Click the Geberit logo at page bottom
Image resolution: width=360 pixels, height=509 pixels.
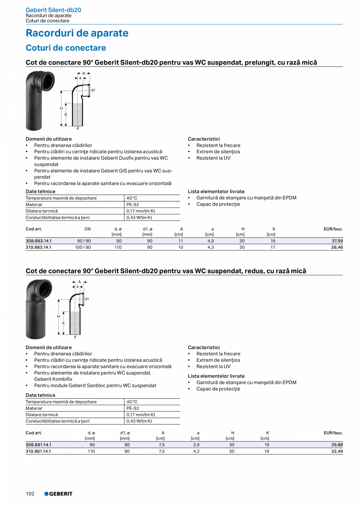coord(58,494)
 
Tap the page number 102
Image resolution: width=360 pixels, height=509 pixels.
coord(30,494)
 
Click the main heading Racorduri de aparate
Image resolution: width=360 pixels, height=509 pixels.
coord(77,33)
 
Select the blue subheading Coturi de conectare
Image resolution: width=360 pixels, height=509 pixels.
coord(66,48)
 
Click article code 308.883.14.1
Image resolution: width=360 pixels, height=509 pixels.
coord(39,241)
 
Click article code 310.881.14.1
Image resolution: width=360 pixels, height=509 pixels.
coord(39,451)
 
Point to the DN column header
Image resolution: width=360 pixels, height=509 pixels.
coord(88,229)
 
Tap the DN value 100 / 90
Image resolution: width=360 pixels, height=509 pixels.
coord(83,247)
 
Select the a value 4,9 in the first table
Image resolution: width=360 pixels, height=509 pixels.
coord(211,241)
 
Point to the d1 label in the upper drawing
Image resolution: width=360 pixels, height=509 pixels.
coord(93,90)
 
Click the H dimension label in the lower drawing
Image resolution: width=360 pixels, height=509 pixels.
coord(59,316)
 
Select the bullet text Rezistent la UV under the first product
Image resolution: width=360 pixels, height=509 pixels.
coord(213,158)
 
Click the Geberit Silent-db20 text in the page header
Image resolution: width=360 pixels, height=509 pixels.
coord(53,10)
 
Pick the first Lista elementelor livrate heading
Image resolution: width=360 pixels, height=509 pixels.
coord(216,192)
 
